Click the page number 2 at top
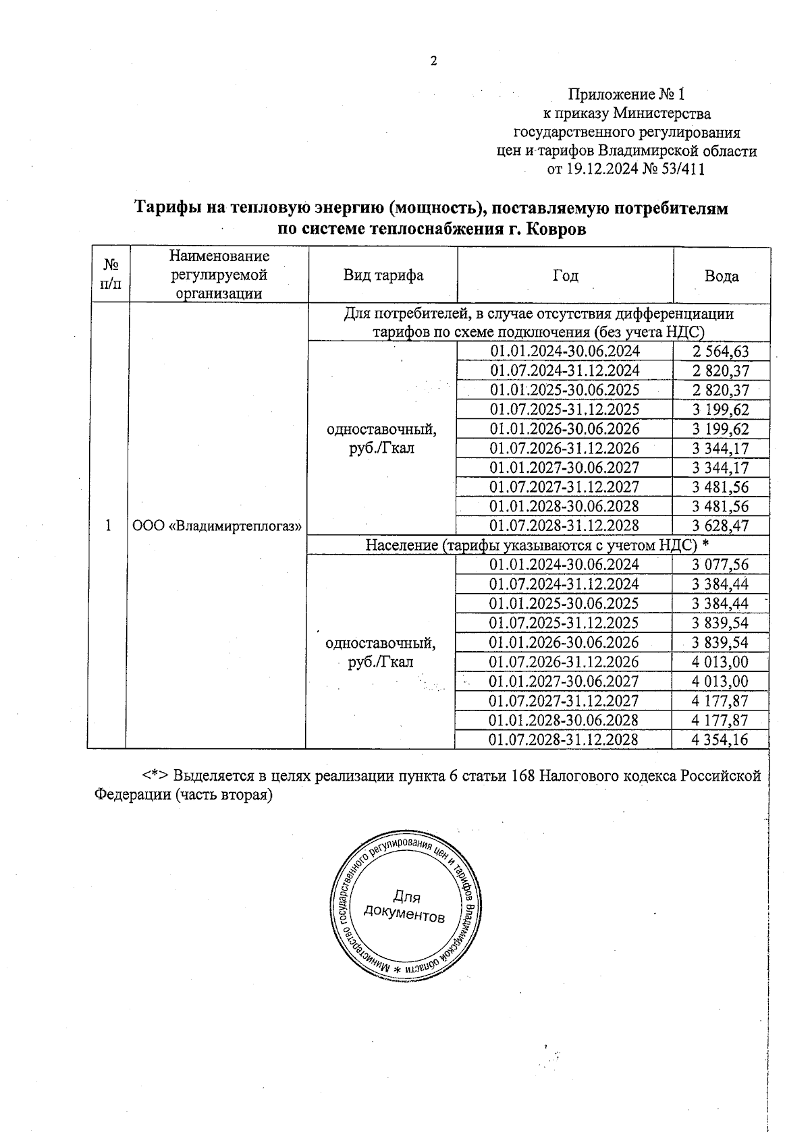click(434, 61)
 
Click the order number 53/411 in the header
click(682, 170)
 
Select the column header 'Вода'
click(722, 276)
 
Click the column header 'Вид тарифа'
click(383, 275)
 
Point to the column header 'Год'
click(565, 275)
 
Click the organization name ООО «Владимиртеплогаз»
click(216, 526)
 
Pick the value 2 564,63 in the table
click(721, 352)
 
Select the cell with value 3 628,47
click(721, 526)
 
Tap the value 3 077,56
click(720, 565)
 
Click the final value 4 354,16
click(720, 739)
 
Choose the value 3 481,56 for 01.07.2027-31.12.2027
click(721, 487)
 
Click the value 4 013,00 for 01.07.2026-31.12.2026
click(720, 662)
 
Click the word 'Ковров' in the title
click(556, 229)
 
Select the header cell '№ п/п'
click(108, 275)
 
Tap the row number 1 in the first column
click(108, 526)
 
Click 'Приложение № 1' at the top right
click(626, 94)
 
